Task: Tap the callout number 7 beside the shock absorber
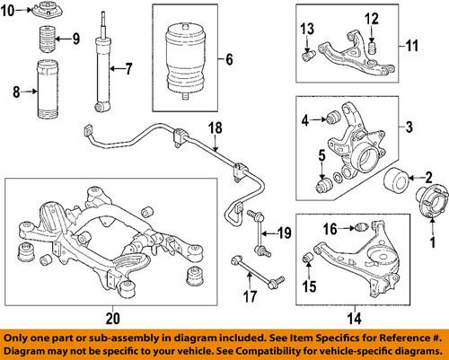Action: [x=128, y=68]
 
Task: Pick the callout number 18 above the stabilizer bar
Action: [x=215, y=127]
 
